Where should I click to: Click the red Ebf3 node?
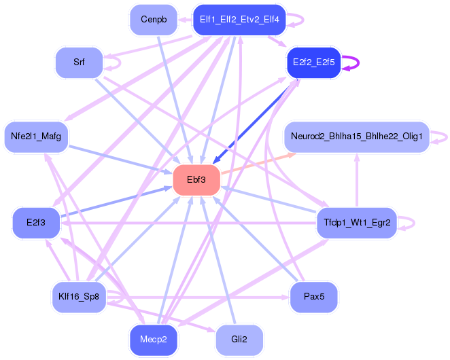point(196,180)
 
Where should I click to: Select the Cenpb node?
point(154,20)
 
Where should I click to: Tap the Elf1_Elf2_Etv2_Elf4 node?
point(239,20)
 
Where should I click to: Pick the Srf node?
point(79,62)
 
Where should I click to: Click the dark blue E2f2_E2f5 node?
point(313,62)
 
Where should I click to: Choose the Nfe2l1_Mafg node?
point(36,137)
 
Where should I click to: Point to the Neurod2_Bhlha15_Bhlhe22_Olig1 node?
point(357,137)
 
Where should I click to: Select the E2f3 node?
point(36,223)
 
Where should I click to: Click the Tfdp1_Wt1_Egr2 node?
point(357,223)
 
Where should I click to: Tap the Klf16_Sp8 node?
point(79,297)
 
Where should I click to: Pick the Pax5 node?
point(313,297)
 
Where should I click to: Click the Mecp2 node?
point(154,340)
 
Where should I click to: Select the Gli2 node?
point(239,340)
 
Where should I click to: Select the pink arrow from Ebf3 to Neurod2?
point(258,164)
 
